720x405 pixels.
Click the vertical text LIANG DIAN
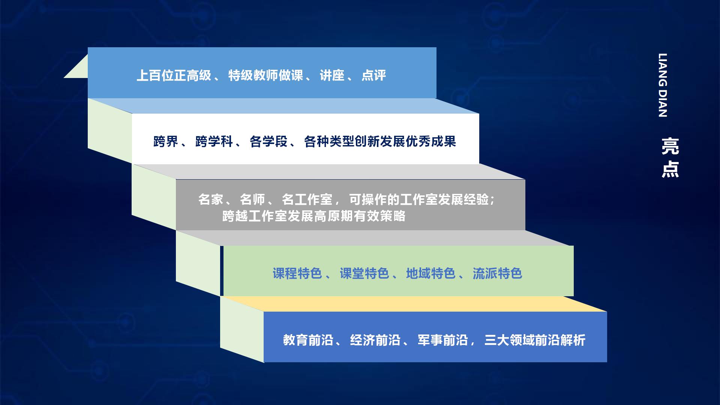tap(663, 85)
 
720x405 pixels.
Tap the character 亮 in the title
tap(670, 146)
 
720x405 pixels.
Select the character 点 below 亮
tap(670, 169)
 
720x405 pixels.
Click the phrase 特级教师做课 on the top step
tap(265, 76)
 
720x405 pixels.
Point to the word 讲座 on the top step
tap(332, 76)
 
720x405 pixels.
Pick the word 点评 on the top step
tap(373, 76)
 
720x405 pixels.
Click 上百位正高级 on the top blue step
tap(174, 76)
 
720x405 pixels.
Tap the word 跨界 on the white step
tap(165, 142)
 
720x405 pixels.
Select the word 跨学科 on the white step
tap(214, 142)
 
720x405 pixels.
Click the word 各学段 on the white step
tap(268, 142)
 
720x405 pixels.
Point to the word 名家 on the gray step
tap(210, 199)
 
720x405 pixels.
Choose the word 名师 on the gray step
tap(252, 199)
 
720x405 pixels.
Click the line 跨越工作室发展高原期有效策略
tap(313, 216)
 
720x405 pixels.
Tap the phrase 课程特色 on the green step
tap(297, 273)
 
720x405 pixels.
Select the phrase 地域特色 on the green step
tap(430, 273)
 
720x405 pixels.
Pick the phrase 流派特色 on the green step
tap(497, 273)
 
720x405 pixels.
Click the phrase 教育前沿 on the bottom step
tap(308, 340)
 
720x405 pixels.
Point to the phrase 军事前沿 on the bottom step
tap(442, 340)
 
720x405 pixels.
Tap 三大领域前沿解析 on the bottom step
tap(534, 340)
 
